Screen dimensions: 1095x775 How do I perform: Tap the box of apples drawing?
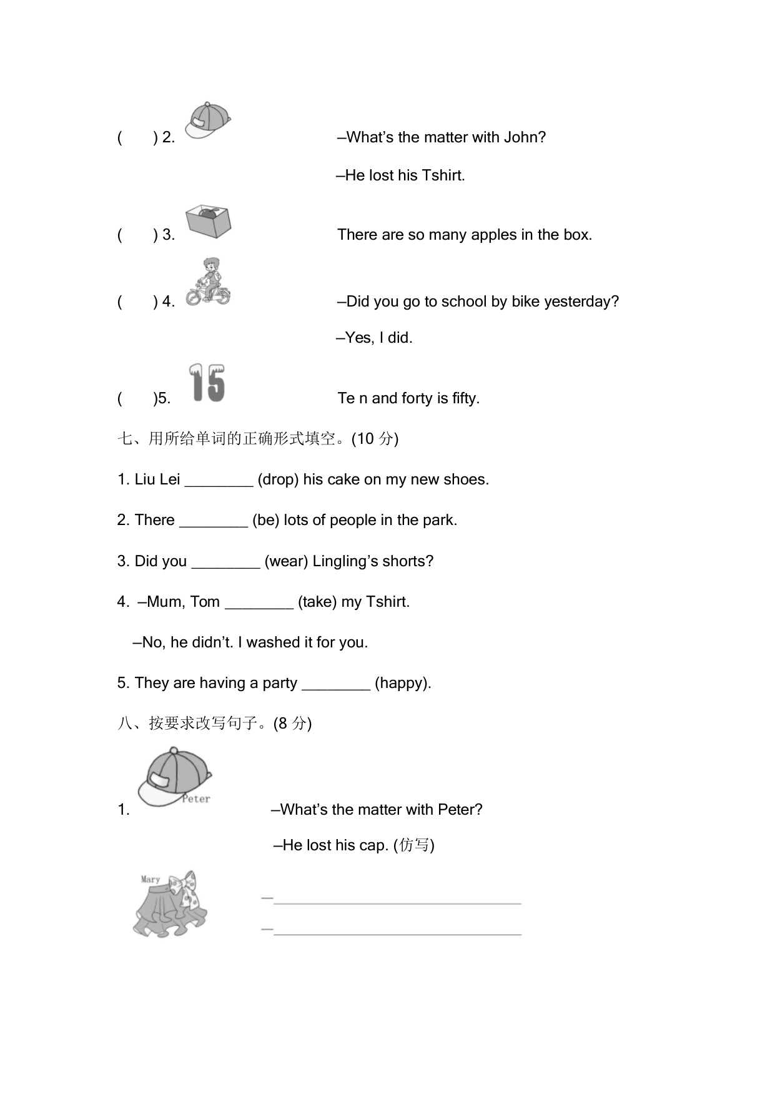[209, 221]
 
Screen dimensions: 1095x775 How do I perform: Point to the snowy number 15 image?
[207, 383]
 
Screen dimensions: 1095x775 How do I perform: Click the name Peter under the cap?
[196, 798]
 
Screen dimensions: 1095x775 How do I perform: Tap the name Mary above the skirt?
[151, 879]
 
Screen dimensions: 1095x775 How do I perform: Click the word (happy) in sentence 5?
[402, 683]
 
